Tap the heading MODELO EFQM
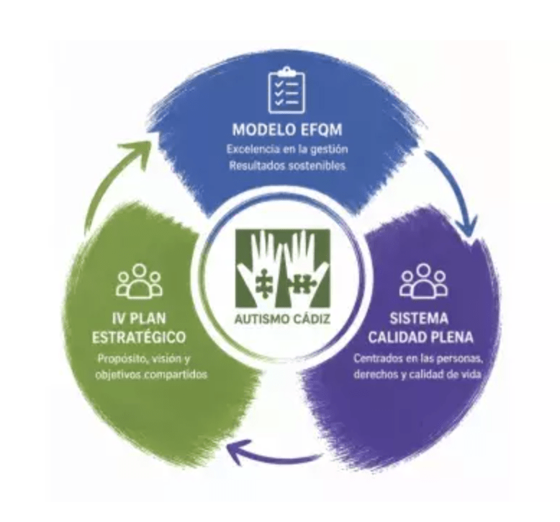click(287, 130)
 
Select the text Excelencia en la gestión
click(287, 149)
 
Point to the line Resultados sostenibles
click(287, 166)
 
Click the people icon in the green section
click(140, 281)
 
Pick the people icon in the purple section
click(423, 281)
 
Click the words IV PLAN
click(139, 319)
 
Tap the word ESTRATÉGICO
click(139, 337)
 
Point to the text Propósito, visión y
click(145, 358)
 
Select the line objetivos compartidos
click(151, 375)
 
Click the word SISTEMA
click(419, 319)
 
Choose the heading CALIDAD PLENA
click(420, 337)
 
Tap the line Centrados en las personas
click(418, 358)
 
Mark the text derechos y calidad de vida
click(417, 375)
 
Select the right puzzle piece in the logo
click(302, 285)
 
